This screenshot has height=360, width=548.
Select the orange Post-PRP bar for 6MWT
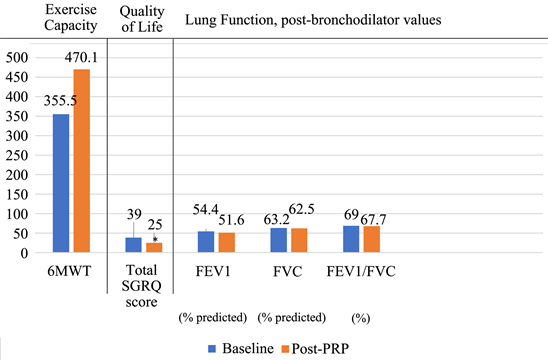click(81, 161)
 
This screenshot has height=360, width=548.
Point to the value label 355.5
click(60, 102)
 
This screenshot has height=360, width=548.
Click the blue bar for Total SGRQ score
click(133, 245)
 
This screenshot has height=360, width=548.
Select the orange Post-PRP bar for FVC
click(299, 241)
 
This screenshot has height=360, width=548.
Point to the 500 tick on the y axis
click(18, 59)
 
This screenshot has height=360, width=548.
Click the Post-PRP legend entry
click(324, 346)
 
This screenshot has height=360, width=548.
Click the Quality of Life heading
click(142, 18)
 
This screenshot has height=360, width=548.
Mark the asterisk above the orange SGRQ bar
click(155, 239)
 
